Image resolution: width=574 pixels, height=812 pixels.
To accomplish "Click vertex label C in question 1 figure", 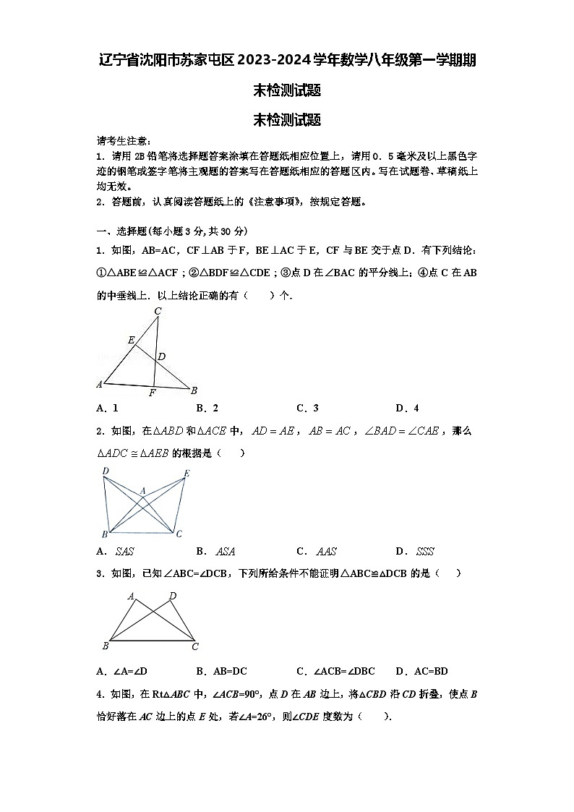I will coord(158,312).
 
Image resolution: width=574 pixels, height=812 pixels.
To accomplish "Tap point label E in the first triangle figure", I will coord(131,340).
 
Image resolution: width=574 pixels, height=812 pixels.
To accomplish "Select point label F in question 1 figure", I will coord(152,393).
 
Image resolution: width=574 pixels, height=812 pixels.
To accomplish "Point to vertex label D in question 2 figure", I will coord(106,471).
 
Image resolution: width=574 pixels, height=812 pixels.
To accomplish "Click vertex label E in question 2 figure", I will coord(187,474).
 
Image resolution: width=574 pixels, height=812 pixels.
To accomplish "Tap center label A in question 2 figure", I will coord(143,491).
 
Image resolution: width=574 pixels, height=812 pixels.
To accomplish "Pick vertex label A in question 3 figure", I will coord(131,597).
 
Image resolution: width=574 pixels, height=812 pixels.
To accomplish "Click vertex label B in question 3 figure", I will coord(106,646).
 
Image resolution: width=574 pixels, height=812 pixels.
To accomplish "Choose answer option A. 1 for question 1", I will coord(108,408).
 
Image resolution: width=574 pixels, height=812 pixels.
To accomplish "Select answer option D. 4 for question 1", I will coord(407,408).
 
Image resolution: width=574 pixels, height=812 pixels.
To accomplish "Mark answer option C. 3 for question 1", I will coord(307,408).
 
